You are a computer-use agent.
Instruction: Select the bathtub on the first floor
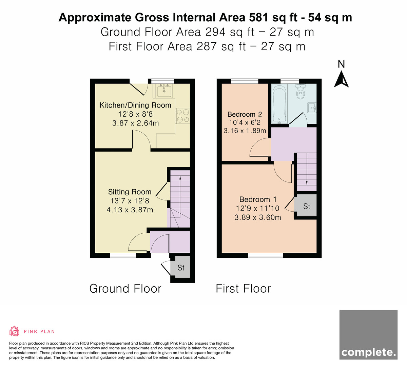point(279,104)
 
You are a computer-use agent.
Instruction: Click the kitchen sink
point(164,91)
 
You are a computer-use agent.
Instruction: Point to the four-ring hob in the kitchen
point(183,116)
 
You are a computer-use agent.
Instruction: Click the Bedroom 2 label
point(245,114)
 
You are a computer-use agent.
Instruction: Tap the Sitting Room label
point(130,192)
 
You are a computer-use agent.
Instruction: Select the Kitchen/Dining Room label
point(135,105)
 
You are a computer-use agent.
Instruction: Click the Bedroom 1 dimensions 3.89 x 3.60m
point(258,217)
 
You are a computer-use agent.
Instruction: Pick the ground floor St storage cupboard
point(180,267)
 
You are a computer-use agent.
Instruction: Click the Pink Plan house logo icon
point(14,331)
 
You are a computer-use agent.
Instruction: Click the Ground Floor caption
point(125,289)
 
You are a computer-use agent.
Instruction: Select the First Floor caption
point(243,289)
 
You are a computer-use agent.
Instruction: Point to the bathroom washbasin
point(312,108)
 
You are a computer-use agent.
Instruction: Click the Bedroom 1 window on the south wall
point(265,255)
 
